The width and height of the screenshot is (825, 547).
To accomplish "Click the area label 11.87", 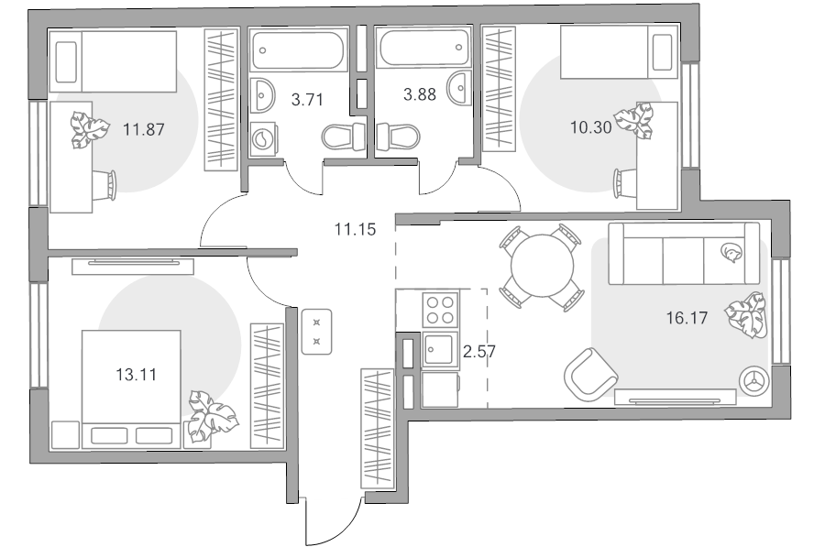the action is coord(144,129).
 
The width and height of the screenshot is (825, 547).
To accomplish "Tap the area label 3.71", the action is coord(307,99).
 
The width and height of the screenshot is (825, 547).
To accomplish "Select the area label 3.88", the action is coord(420,94).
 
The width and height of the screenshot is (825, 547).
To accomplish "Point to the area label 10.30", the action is coord(591,127).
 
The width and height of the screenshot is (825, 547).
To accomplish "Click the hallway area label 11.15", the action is coord(356,229).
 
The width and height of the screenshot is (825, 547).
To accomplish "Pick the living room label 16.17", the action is coord(687,318).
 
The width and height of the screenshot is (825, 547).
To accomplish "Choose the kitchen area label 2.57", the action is coord(479,351).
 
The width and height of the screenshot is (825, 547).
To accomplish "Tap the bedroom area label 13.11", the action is coord(137,375).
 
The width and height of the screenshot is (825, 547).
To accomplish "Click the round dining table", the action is coord(543,266).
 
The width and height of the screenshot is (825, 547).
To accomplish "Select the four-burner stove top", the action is coord(440,311).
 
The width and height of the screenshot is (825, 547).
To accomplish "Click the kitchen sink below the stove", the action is coord(438,349).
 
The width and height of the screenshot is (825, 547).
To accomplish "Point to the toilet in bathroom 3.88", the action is coord(399,137).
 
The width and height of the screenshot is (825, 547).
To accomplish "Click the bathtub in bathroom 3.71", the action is coord(298,50).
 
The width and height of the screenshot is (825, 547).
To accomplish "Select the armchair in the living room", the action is coord(589,375).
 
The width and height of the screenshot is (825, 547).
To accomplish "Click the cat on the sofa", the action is coord(731,252).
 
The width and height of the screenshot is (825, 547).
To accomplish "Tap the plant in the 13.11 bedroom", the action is coord(212,417).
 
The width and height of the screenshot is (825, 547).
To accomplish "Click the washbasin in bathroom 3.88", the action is coord(459,88).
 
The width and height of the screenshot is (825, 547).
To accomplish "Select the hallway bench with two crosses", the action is coord(317,332).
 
